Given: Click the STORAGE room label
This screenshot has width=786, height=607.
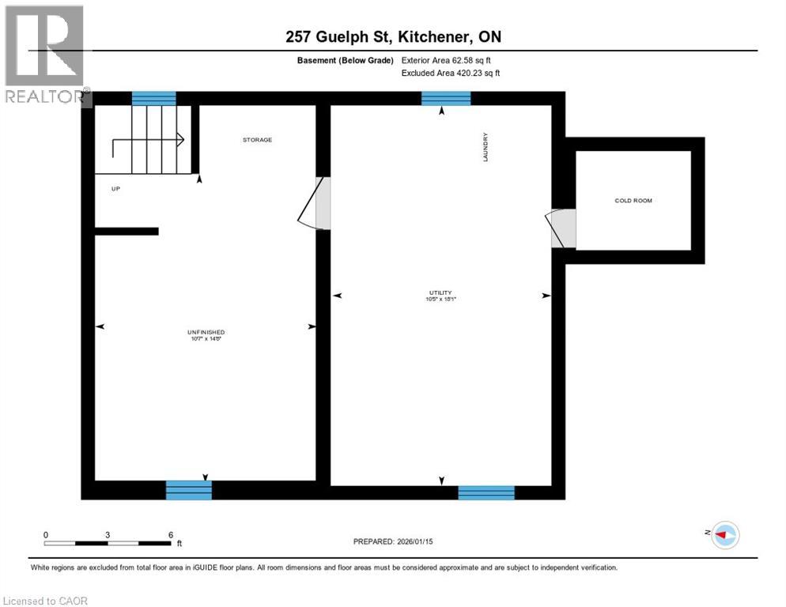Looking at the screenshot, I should (257, 140).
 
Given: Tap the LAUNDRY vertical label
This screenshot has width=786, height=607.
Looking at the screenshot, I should (486, 147).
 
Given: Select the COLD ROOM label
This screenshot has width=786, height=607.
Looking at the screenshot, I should (633, 201).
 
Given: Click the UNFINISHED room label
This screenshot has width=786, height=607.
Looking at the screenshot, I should (206, 332).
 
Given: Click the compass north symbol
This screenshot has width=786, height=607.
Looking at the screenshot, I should (724, 535).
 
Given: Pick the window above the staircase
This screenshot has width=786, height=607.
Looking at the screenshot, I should (153, 98).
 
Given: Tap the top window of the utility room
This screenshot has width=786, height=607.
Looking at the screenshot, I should (446, 98).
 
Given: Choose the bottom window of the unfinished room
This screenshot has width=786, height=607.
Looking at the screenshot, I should (189, 490).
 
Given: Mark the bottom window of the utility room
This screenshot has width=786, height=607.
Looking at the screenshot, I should (486, 492).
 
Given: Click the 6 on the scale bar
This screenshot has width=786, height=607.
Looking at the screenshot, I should (171, 535).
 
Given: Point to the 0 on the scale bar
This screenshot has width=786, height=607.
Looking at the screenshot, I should (46, 535).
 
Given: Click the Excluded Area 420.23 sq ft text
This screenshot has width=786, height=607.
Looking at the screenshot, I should (451, 73).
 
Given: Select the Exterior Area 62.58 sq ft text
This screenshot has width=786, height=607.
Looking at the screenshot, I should (452, 60).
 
